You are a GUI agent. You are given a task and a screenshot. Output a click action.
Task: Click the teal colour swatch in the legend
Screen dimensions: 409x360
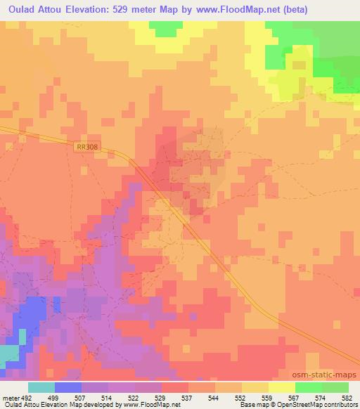41,387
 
